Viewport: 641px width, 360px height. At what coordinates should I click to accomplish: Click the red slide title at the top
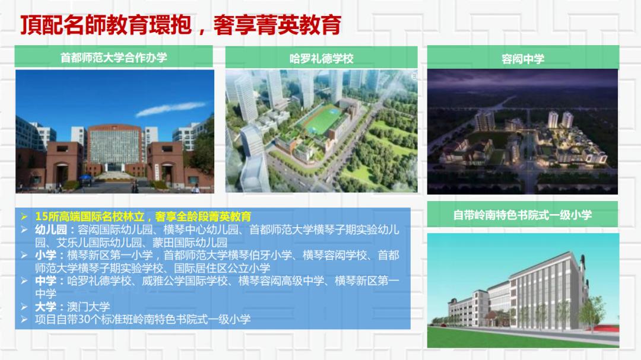coord(180,24)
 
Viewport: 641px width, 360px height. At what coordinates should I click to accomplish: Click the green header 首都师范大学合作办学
coord(113,58)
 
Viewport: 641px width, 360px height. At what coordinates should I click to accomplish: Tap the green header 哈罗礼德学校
coord(321,59)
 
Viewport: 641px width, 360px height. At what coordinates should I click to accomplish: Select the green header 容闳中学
coord(523,59)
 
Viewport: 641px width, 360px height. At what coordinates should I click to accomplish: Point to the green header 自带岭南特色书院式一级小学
coord(522,215)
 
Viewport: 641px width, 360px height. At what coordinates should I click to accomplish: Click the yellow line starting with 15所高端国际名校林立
coord(143,216)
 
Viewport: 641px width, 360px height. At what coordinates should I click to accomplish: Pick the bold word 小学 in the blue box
coord(45,255)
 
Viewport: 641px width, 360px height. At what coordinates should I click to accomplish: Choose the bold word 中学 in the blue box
coord(45,281)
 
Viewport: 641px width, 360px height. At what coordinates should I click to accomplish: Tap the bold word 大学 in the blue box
coord(45,307)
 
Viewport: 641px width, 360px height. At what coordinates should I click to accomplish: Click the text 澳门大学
coord(88,307)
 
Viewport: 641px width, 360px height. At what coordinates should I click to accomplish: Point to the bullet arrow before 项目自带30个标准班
coord(24,319)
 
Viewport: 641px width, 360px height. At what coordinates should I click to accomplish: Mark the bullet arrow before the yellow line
coord(24,216)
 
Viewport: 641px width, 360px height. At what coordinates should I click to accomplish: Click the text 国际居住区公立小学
coord(222,268)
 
